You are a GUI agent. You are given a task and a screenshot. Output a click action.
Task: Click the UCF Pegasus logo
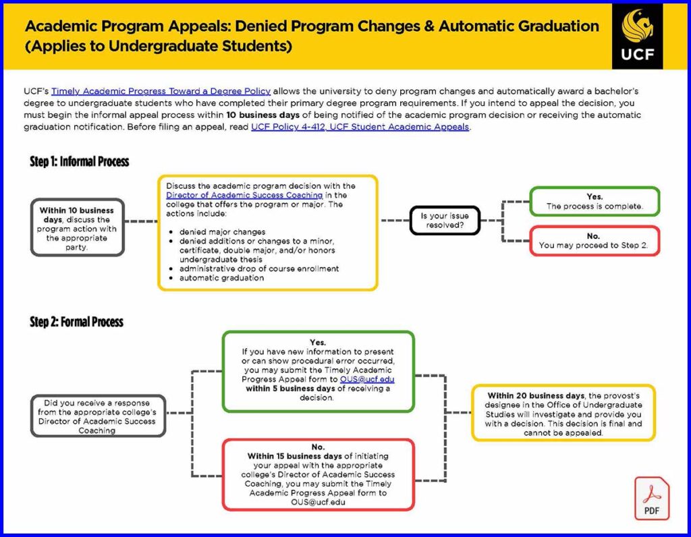[x=637, y=35]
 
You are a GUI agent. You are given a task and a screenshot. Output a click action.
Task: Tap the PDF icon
[x=651, y=499]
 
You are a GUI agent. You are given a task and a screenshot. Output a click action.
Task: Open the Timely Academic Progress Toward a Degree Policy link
[x=161, y=91]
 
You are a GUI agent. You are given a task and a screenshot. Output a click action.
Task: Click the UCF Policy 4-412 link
[x=360, y=127]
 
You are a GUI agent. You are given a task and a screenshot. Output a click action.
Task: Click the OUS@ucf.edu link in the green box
[x=367, y=380]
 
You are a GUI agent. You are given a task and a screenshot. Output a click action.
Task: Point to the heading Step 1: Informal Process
[x=80, y=162]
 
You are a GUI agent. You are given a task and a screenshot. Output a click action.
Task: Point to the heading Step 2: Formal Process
[x=76, y=322]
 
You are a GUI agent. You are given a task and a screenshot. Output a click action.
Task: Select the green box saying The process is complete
[x=595, y=202]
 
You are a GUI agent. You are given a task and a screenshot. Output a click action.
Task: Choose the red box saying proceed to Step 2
[x=595, y=241]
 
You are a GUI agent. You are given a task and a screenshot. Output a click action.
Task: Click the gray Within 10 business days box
[x=77, y=227]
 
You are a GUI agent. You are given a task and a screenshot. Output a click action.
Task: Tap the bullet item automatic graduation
[x=221, y=278]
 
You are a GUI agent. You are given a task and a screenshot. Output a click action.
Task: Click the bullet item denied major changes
[x=222, y=231]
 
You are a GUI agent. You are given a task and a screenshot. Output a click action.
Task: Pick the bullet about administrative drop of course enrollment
[x=259, y=268]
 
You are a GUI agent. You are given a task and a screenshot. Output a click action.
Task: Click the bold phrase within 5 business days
[x=290, y=389]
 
